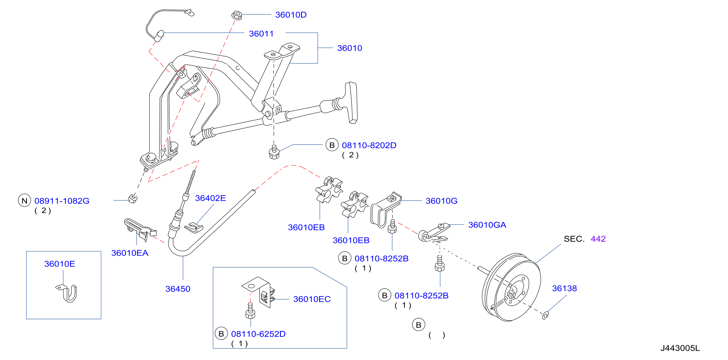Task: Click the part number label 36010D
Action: pyautogui.click(x=291, y=15)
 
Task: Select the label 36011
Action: pyautogui.click(x=261, y=34)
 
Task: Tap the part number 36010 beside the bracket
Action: pyautogui.click(x=350, y=48)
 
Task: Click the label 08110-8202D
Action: pyautogui.click(x=369, y=145)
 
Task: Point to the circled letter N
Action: pyautogui.click(x=24, y=201)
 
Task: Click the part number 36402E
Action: pyautogui.click(x=210, y=198)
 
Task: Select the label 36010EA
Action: pyautogui.click(x=130, y=253)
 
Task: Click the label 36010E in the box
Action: pyautogui.click(x=60, y=264)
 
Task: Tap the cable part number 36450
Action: pyautogui.click(x=178, y=289)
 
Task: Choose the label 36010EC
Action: pyautogui.click(x=312, y=299)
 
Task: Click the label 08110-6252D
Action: pyautogui.click(x=258, y=334)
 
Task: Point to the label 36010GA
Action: pyautogui.click(x=487, y=225)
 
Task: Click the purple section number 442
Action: pyautogui.click(x=598, y=239)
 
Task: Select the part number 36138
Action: pyautogui.click(x=564, y=288)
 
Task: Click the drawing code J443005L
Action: pyautogui.click(x=680, y=348)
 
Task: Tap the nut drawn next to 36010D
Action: pyautogui.click(x=237, y=15)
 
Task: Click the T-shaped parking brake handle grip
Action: pyautogui.click(x=351, y=103)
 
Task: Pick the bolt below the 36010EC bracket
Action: pyautogui.click(x=250, y=311)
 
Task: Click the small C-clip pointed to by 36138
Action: pyautogui.click(x=545, y=315)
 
